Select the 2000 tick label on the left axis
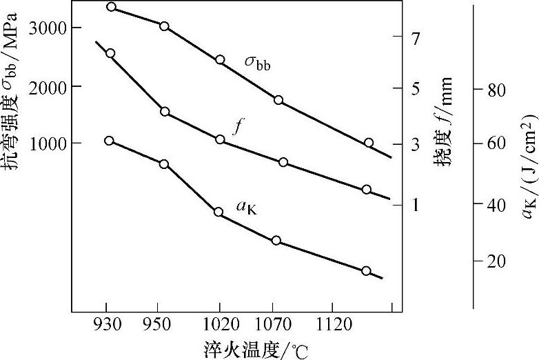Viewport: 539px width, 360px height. coord(47,86)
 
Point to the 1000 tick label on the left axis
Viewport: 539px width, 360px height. coord(47,143)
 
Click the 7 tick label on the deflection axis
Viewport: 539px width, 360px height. coord(416,39)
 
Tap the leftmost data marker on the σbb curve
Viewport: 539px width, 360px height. coord(112,8)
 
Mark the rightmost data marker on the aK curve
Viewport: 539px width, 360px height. coord(366,271)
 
